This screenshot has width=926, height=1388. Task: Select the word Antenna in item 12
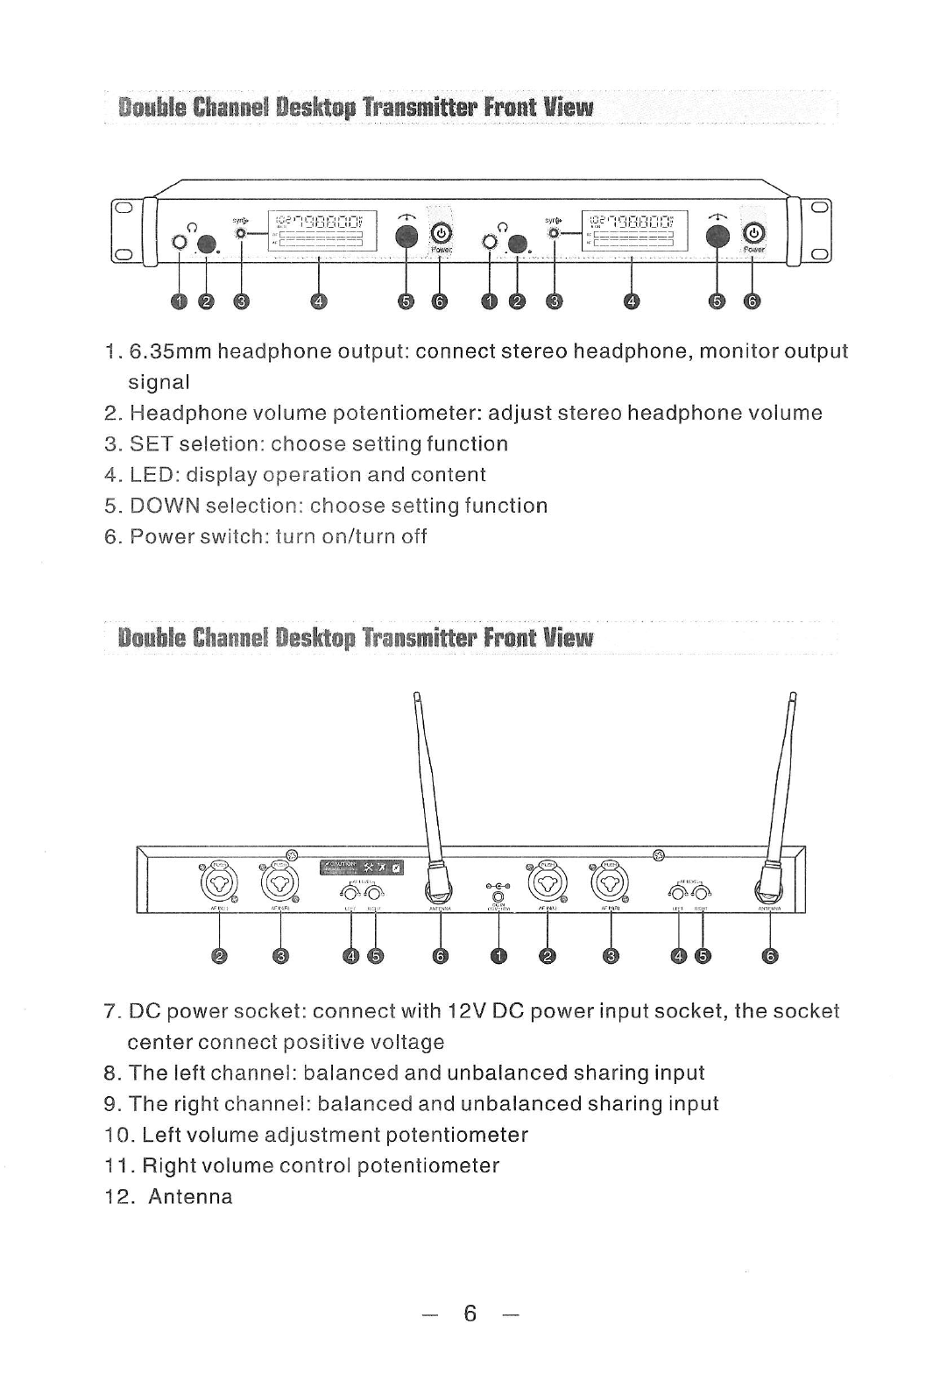click(x=190, y=1196)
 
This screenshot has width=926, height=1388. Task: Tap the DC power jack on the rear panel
click(x=498, y=897)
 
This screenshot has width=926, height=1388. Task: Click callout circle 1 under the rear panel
click(x=498, y=957)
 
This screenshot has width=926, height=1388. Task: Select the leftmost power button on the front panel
click(x=442, y=233)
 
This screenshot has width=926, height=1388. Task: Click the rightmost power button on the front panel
click(x=753, y=233)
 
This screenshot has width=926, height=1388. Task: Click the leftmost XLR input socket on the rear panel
click(x=220, y=883)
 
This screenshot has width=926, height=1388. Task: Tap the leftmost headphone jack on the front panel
click(x=180, y=243)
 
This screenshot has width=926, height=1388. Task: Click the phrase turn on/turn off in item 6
click(x=351, y=536)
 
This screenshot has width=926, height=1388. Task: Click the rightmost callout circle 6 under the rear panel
click(x=769, y=957)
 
